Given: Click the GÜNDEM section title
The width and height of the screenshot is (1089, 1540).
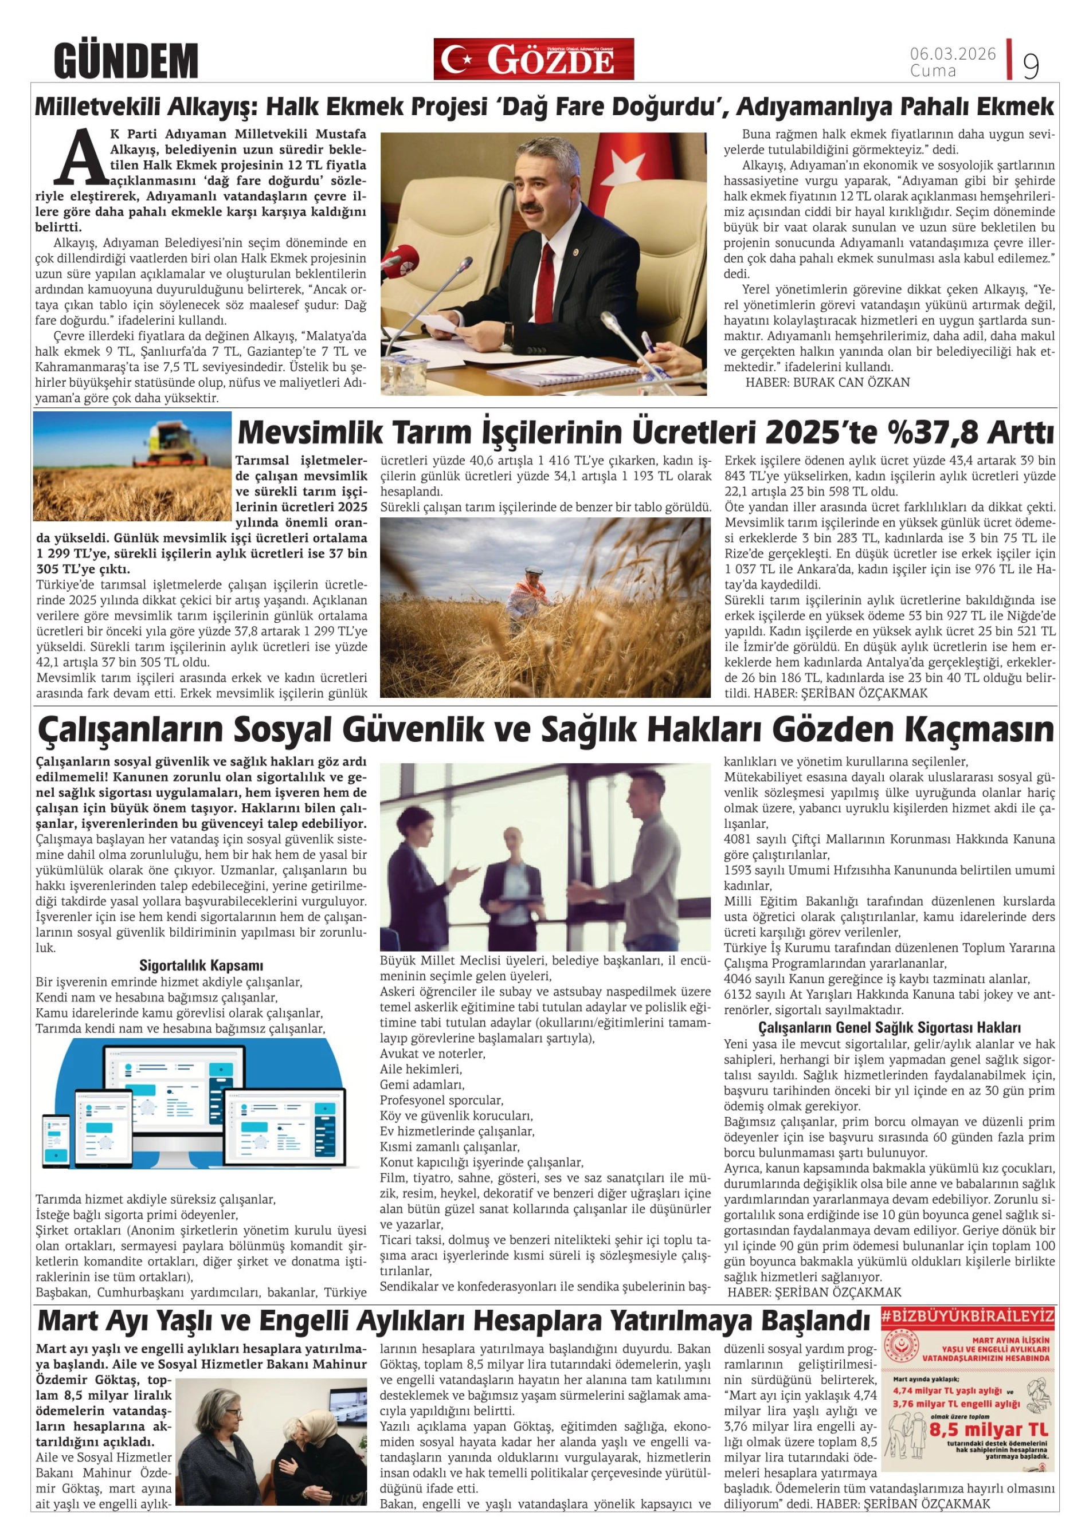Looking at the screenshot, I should pos(126,60).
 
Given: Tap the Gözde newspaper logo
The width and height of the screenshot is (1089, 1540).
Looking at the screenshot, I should pos(533,59).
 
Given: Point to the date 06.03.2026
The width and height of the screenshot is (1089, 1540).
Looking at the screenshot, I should pos(952,54).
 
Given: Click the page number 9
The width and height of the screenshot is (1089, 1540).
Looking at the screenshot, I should pos(1030,66).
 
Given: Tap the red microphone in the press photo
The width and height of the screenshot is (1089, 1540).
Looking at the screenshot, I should pos(401,260).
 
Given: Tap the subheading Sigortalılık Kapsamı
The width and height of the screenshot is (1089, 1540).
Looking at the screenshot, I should pos(201,965).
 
